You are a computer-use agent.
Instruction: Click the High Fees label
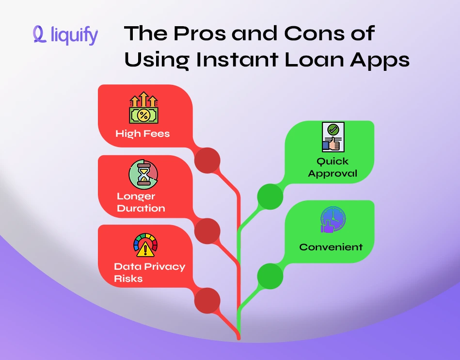point(143,133)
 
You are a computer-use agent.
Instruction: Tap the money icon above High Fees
point(143,109)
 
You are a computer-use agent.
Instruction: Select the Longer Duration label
point(141,202)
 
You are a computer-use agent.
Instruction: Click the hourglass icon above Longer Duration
point(143,175)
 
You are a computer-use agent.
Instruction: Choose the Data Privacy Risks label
point(149,272)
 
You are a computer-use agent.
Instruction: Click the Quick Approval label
point(333,167)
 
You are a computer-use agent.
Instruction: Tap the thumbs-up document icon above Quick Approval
point(333,137)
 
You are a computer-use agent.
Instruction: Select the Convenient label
point(331,247)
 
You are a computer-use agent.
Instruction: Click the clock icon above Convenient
point(333,219)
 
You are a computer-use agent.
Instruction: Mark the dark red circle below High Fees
point(207,160)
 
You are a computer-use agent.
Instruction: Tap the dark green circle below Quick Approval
point(270,196)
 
